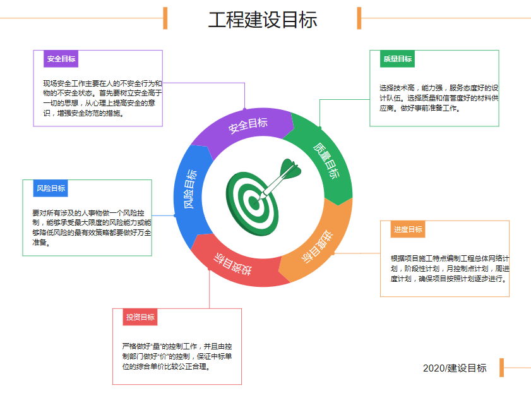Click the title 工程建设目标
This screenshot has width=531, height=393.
point(262,20)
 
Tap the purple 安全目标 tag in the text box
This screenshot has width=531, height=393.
point(61,59)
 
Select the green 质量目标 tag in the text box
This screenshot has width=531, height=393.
point(397,59)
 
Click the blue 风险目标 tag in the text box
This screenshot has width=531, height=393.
point(50,188)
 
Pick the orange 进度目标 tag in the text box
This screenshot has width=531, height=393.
point(408,229)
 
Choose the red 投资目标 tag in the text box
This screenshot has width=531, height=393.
point(140,317)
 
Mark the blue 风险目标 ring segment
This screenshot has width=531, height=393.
point(189,190)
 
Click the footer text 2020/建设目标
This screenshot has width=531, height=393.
point(455,368)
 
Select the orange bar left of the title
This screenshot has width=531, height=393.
point(165,18)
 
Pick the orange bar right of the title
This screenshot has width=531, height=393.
point(359,18)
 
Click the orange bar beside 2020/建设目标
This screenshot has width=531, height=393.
point(501,368)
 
